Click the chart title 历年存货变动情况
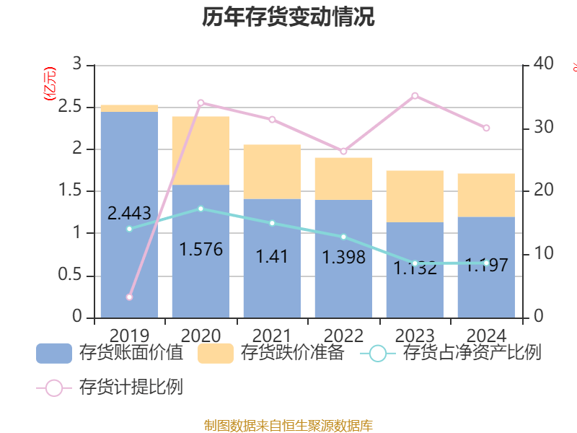288,17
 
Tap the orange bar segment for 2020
201,150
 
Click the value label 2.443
129,213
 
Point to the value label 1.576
201,250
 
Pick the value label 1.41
272,256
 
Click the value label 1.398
343,257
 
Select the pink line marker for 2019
129,297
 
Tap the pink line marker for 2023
415,95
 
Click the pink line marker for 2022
343,151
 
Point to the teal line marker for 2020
201,209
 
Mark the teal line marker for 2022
343,237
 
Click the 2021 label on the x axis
272,336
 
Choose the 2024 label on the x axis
487,336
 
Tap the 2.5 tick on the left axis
78,108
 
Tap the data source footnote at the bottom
288,425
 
